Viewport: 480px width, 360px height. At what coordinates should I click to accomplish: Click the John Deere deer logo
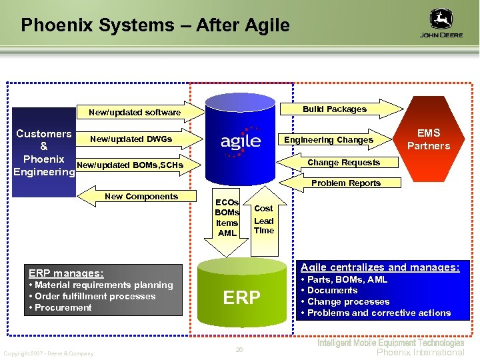tap(441, 19)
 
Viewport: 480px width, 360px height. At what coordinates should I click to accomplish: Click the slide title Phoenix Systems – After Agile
tap(155, 25)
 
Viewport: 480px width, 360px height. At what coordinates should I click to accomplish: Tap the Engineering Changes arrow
tap(333, 139)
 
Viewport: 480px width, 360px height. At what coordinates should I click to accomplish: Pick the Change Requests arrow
tap(340, 163)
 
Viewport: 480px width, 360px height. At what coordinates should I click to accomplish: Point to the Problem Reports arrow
tap(343, 183)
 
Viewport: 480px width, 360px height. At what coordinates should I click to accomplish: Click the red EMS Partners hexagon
tap(428, 139)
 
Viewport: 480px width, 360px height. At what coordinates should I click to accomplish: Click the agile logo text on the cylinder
tap(241, 141)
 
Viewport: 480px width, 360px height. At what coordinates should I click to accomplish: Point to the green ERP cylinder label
tap(241, 297)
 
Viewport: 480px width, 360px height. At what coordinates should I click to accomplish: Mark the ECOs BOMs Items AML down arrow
tap(227, 219)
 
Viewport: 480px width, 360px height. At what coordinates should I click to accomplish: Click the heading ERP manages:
tap(66, 273)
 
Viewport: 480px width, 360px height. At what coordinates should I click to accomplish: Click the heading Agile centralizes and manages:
tap(380, 267)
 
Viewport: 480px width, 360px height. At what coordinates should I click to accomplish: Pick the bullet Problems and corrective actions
tap(379, 313)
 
